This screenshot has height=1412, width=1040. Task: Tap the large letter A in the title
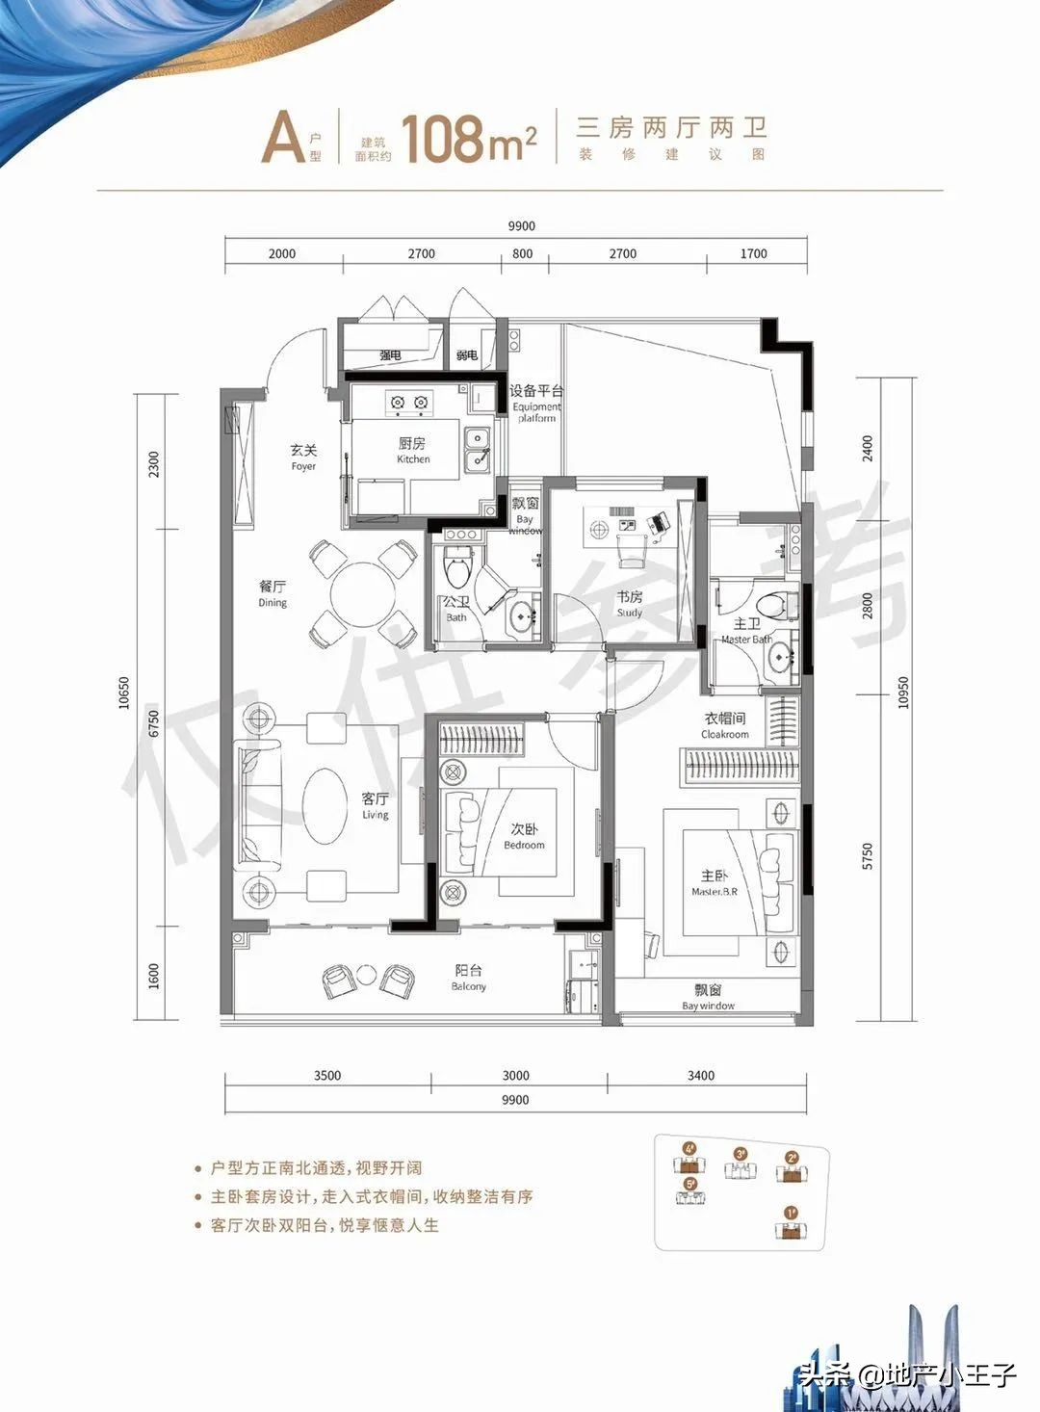(x=283, y=140)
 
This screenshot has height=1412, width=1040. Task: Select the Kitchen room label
(x=413, y=450)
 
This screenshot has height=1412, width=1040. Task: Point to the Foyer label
(x=303, y=457)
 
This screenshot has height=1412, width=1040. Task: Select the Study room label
(x=630, y=604)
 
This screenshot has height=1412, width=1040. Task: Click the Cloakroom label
(x=725, y=725)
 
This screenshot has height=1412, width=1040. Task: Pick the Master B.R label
(x=714, y=882)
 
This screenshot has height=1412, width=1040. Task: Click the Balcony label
(x=469, y=977)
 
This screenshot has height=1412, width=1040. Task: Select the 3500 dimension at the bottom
(x=327, y=1075)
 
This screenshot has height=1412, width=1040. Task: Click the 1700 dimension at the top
(x=754, y=253)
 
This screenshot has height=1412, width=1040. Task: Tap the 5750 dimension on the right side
(x=868, y=856)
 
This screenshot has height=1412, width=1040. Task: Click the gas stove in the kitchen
(x=407, y=402)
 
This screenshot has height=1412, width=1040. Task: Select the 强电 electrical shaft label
(x=391, y=355)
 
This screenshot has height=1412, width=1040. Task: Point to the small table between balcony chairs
(x=367, y=975)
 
